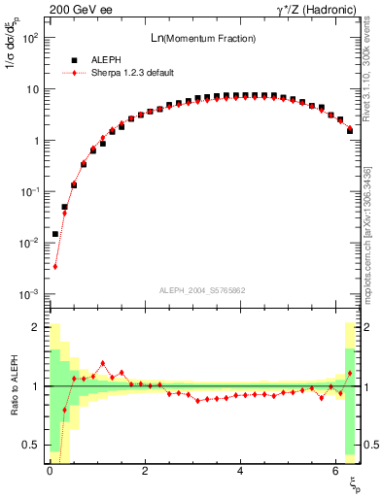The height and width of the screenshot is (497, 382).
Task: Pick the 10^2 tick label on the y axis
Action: pos(28,38)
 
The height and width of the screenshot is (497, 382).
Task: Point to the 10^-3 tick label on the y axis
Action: pos(28,294)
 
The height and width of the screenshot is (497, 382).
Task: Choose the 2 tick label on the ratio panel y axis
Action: pos(35,327)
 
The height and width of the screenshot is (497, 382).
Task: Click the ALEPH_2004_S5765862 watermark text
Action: pos(203,290)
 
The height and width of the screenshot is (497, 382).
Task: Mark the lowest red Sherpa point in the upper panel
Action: pos(55,266)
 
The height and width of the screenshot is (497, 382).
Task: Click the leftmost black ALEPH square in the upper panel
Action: pos(55,234)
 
